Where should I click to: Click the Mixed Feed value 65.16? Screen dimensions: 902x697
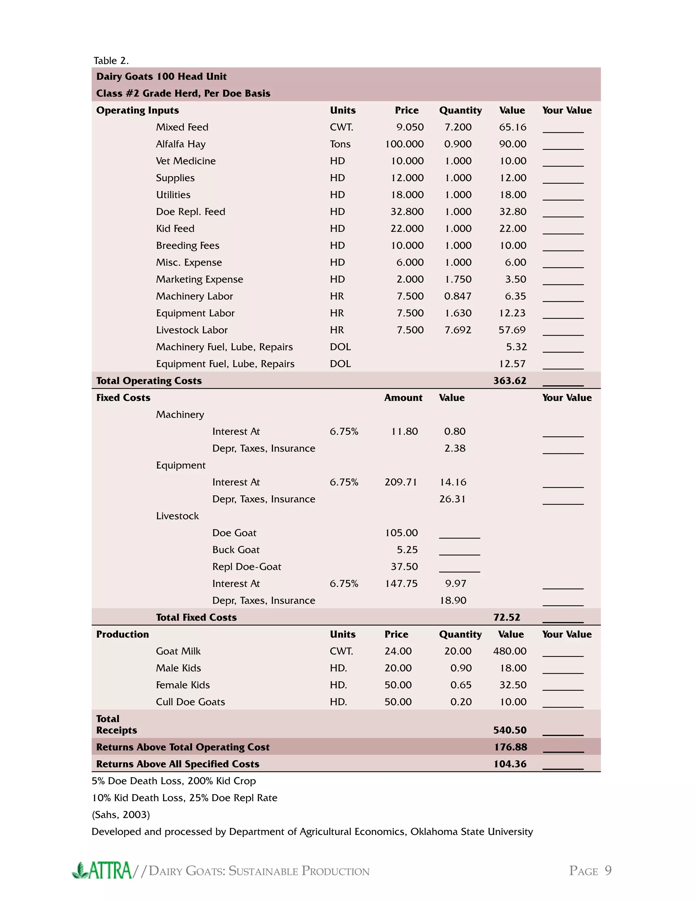tap(513, 127)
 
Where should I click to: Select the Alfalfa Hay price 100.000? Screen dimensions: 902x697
tap(404, 144)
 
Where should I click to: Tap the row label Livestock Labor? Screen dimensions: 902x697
tap(192, 330)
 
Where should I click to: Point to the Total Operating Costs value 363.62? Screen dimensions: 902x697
tap(509, 381)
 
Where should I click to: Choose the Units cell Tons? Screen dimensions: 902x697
tap(340, 144)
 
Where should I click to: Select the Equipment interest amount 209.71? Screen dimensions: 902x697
tap(401, 482)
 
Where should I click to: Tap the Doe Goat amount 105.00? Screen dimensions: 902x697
tap(401, 533)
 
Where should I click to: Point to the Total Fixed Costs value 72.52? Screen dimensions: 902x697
tap(507, 617)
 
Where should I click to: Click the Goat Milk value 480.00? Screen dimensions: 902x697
tap(509, 651)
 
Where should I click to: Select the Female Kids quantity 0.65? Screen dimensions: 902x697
tap(460, 685)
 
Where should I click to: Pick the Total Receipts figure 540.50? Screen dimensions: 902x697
tap(509, 730)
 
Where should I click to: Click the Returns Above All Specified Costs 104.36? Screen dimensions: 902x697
tap(509, 764)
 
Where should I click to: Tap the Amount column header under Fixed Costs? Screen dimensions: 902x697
tap(403, 398)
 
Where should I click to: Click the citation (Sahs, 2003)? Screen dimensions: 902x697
tap(120, 815)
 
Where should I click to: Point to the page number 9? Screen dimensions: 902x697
tap(608, 871)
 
